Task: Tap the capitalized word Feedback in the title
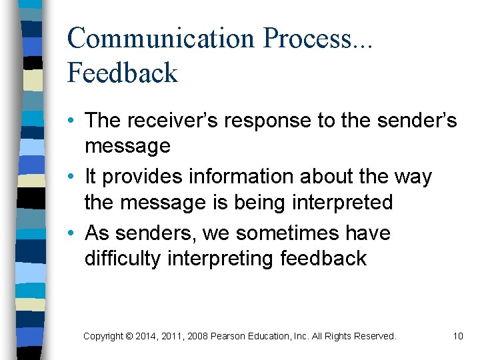pyautogui.click(x=122, y=73)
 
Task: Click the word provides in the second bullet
pyautogui.click(x=142, y=177)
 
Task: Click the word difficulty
pyautogui.click(x=123, y=259)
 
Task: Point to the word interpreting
pyautogui.click(x=221, y=259)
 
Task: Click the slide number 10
pyautogui.click(x=457, y=336)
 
